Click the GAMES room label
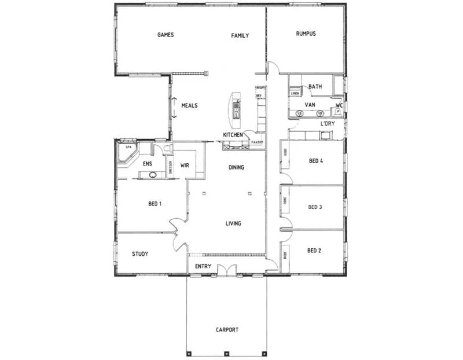pos(166,35)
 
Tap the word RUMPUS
pos(306,34)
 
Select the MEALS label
pos(189,106)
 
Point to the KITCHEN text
pos(233,135)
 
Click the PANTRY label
pos(257,142)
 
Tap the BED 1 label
pos(155,204)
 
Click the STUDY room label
pos(140,254)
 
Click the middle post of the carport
pos(227,353)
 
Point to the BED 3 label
pos(315,207)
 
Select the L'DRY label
pos(328,124)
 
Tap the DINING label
pos(236,168)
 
